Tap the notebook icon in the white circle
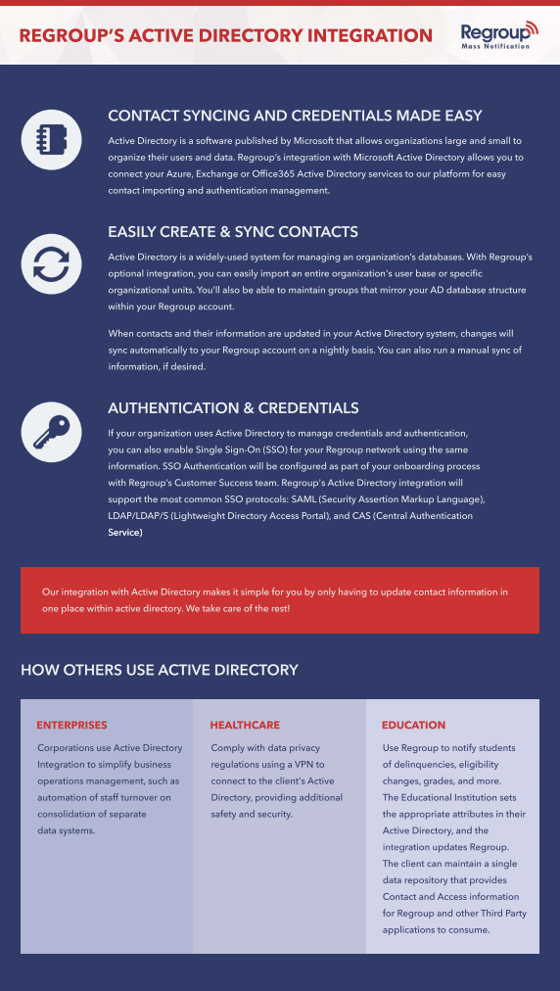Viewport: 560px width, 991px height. point(51,139)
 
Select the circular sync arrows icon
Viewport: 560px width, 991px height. point(51,263)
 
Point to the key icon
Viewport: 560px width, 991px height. point(51,432)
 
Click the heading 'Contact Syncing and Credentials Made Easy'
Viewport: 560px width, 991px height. point(295,116)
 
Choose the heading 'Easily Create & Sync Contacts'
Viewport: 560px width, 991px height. point(233,232)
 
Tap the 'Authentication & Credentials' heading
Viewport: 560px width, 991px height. point(233,407)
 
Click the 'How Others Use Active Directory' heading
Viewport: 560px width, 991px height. point(160,669)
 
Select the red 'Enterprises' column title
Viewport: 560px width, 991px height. point(71,725)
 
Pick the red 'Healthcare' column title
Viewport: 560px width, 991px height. point(245,725)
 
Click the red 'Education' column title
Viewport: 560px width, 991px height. point(413,725)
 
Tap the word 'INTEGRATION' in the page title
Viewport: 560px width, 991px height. point(370,35)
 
